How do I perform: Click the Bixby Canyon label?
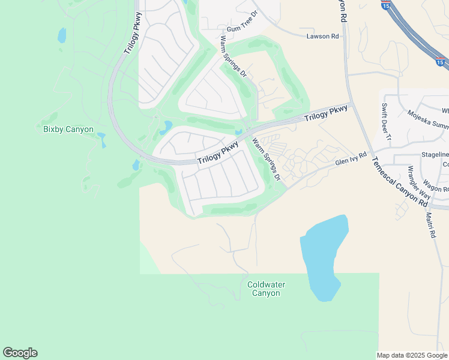68,129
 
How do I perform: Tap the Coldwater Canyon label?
266,289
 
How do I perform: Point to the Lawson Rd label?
318,37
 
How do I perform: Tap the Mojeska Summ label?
427,120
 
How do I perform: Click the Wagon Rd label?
435,184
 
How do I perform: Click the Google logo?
20,353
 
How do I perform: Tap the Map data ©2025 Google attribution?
412,355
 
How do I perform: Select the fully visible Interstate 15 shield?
441,62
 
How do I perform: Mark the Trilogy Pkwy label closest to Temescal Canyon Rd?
325,113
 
